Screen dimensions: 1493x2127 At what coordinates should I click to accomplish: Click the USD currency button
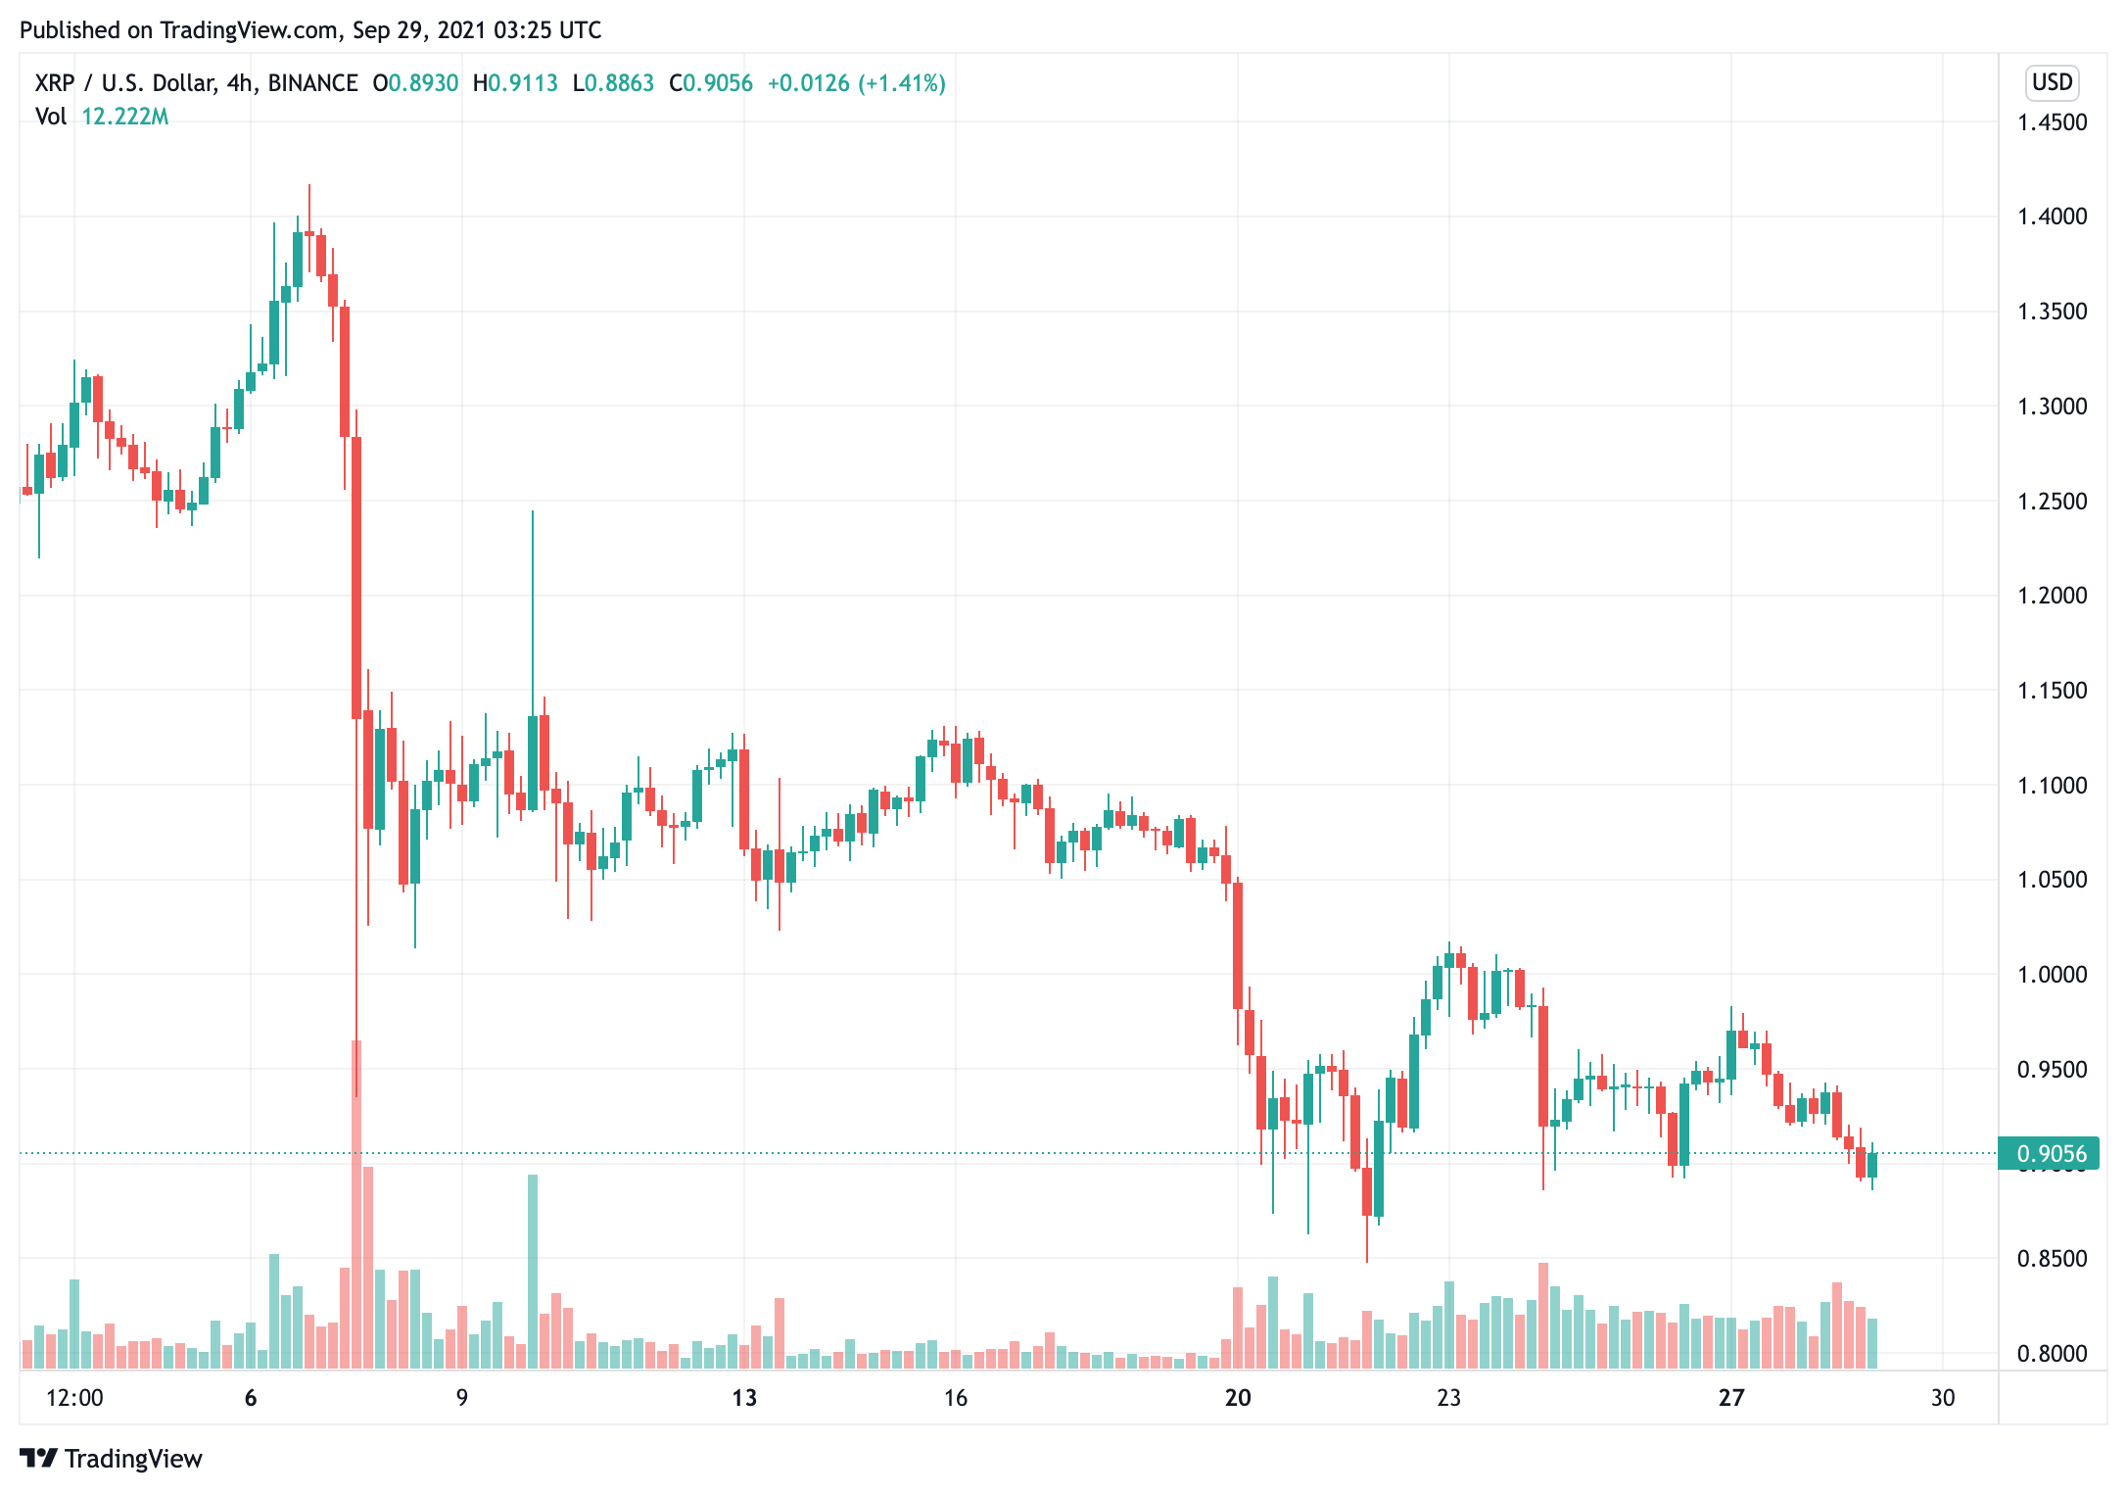click(2052, 82)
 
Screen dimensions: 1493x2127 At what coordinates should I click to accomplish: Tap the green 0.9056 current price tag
click(2051, 1153)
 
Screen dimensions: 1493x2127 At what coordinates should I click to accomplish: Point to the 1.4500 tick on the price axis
click(2052, 122)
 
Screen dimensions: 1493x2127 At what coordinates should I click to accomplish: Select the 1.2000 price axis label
click(2052, 596)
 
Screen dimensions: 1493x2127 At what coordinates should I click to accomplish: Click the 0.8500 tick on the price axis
click(2052, 1258)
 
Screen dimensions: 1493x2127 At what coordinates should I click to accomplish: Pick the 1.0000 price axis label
click(2052, 975)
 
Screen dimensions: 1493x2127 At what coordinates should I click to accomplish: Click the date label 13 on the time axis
click(744, 1398)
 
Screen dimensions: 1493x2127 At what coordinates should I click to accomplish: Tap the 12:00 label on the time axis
click(74, 1398)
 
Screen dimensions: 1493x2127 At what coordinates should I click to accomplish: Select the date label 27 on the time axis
click(1730, 1398)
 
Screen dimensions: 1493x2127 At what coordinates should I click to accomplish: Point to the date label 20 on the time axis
click(1238, 1398)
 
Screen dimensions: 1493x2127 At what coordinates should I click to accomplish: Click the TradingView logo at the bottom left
click(111, 1459)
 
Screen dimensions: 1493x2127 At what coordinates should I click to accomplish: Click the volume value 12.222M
click(124, 117)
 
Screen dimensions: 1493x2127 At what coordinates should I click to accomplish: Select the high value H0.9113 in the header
click(515, 83)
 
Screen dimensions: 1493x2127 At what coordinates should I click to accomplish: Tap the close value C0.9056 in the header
click(711, 83)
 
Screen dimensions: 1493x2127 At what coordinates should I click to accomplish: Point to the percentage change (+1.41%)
click(902, 83)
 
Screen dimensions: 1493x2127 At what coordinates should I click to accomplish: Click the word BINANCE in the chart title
click(312, 83)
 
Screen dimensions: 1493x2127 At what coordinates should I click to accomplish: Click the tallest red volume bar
click(356, 1205)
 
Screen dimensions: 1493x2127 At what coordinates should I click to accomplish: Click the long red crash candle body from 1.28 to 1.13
click(356, 578)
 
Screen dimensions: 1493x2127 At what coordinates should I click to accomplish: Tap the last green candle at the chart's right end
click(1872, 1165)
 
